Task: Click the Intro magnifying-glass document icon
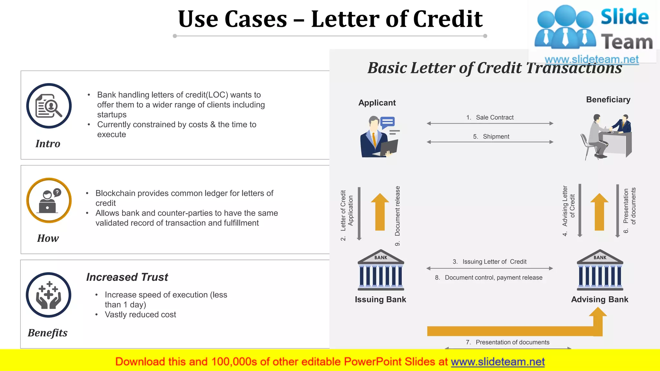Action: [49, 106]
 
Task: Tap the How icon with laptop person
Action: [49, 200]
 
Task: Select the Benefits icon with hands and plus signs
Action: [49, 295]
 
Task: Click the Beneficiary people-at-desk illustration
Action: [607, 137]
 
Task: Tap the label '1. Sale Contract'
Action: [490, 118]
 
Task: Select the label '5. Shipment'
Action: [491, 137]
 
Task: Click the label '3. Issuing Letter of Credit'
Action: [490, 262]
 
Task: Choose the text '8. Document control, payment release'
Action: [489, 278]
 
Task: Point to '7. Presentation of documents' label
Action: [508, 342]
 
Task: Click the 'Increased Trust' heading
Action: [127, 277]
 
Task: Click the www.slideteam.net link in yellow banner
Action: [498, 362]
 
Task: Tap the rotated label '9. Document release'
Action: [397, 216]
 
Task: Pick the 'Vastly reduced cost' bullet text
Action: [141, 315]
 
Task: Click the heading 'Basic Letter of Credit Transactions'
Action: [495, 68]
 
